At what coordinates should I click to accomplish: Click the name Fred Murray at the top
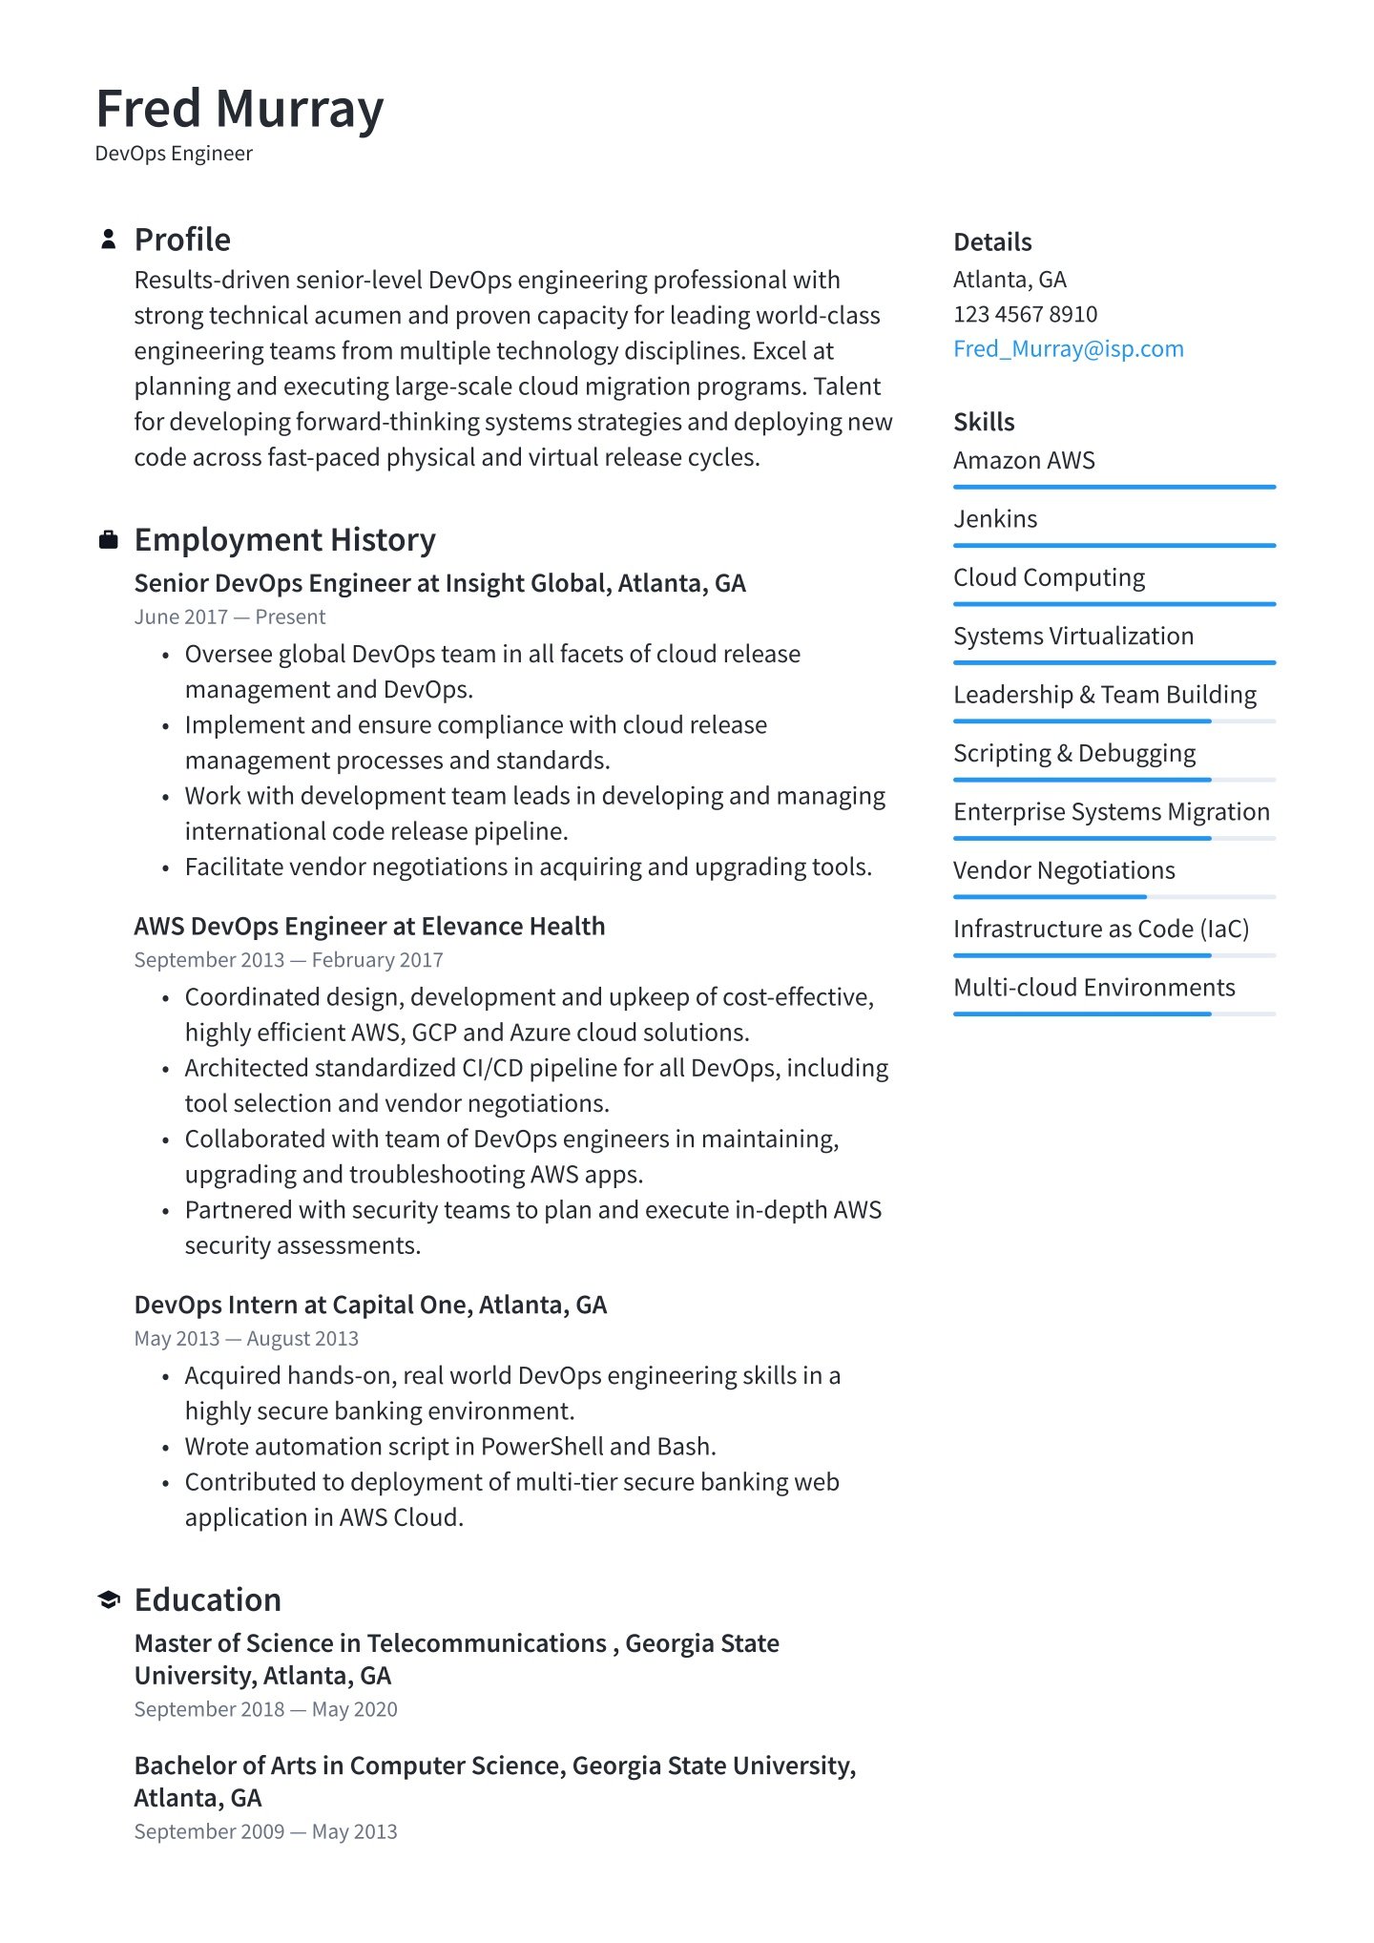point(239,109)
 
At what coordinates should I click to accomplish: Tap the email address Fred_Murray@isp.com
point(1068,349)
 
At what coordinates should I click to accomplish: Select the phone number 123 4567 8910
point(1025,314)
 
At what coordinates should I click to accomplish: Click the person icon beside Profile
point(109,240)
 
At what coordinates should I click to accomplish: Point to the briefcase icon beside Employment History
point(109,540)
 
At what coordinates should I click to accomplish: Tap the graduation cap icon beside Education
point(109,1599)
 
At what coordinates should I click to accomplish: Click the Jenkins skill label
point(995,519)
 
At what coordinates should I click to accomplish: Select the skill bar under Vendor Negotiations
point(1114,897)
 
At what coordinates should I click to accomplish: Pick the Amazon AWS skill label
point(1024,461)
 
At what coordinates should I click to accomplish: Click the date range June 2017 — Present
point(230,617)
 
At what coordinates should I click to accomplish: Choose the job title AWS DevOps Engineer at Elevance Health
point(369,927)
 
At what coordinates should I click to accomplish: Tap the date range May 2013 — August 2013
point(246,1339)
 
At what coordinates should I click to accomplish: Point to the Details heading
point(992,242)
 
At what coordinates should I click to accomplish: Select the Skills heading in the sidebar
point(984,423)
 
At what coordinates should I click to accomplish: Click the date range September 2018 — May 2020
point(265,1709)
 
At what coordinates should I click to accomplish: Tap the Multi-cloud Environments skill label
point(1093,988)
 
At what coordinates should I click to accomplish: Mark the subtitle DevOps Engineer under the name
point(174,154)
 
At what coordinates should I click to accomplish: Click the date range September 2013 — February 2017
point(288,960)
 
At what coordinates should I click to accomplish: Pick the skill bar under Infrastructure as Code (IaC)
point(1114,955)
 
